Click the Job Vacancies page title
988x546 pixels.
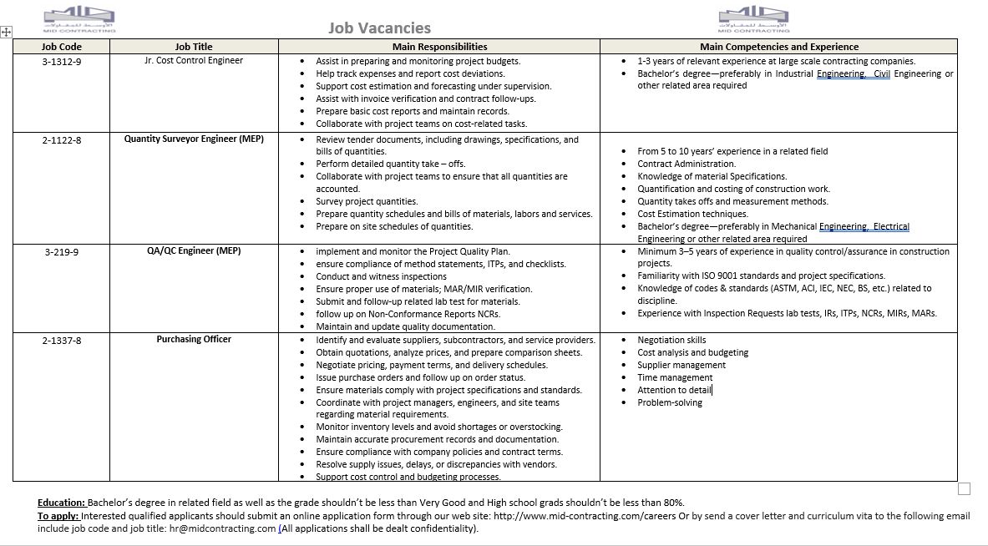(x=379, y=28)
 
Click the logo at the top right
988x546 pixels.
(x=753, y=18)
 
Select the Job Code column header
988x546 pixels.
(x=62, y=47)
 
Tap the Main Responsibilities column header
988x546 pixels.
(x=439, y=47)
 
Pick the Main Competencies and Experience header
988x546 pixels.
(x=778, y=47)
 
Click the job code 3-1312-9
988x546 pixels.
(x=62, y=61)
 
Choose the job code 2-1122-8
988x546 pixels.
(x=62, y=140)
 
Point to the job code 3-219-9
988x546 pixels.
(x=62, y=251)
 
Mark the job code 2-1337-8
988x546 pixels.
(x=62, y=340)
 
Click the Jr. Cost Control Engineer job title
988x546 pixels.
(x=194, y=60)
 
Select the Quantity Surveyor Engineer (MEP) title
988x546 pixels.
(x=194, y=139)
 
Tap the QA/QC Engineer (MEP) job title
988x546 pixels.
(x=194, y=250)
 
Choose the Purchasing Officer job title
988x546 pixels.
(x=194, y=339)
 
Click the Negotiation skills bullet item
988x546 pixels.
(x=671, y=340)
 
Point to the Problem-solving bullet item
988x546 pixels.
(x=670, y=402)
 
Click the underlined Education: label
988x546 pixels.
(x=62, y=503)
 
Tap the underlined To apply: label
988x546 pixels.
(x=58, y=516)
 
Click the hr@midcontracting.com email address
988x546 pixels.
(x=221, y=528)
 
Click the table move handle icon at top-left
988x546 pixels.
(x=6, y=32)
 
